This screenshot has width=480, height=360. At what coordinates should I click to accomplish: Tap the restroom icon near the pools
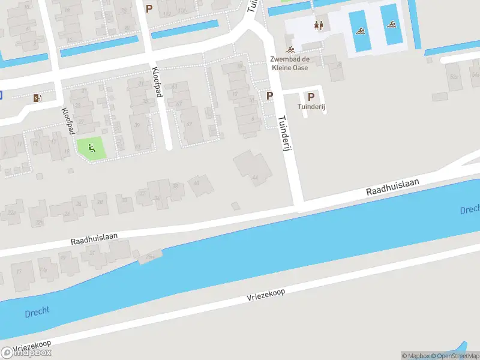(319, 26)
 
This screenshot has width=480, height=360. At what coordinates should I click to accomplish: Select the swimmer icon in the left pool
(360, 31)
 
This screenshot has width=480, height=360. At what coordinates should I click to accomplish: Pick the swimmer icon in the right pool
(392, 25)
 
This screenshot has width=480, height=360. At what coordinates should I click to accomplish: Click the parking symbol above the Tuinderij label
(311, 96)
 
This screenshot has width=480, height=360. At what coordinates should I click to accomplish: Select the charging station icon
(38, 98)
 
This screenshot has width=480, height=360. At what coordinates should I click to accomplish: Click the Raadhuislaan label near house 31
(94, 240)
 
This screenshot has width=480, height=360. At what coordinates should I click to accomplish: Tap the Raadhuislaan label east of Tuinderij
(392, 186)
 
